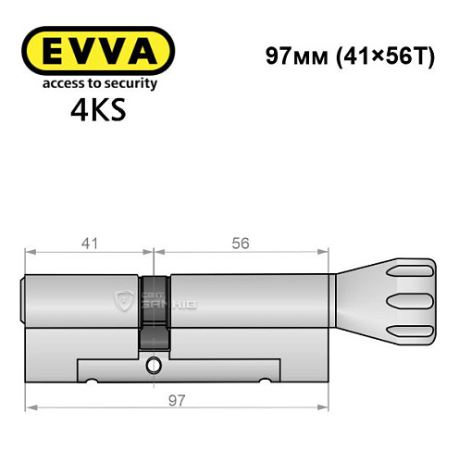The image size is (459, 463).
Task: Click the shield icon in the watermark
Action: (123, 299)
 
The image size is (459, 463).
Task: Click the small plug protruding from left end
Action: (23, 299)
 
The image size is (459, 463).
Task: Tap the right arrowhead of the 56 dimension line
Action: (326, 251)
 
